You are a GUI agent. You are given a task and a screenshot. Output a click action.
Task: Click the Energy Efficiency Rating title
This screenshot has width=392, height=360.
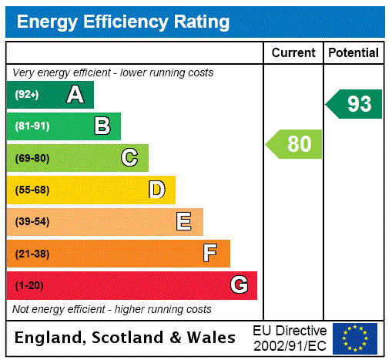point(123,22)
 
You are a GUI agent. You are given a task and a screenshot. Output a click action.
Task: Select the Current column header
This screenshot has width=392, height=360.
point(293,52)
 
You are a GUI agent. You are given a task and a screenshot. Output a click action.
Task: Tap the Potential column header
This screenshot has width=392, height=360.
point(353,52)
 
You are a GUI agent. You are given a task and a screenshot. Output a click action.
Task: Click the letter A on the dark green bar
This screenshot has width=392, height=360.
point(75,95)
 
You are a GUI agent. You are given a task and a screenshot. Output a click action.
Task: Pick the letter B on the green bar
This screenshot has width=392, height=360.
point(102,126)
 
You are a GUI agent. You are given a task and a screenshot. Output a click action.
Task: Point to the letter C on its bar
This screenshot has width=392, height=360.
point(129,158)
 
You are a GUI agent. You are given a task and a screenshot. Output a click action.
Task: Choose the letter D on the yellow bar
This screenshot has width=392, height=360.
point(156,190)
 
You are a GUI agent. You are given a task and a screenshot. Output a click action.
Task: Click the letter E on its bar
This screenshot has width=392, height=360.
point(184,222)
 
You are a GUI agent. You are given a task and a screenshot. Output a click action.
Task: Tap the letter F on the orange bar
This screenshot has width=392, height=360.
point(210,254)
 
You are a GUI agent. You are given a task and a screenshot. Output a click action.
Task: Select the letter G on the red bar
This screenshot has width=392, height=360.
point(239,285)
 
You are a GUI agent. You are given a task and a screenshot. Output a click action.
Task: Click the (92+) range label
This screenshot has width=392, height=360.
point(28,95)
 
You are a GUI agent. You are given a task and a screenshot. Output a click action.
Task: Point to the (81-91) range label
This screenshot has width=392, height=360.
point(32,126)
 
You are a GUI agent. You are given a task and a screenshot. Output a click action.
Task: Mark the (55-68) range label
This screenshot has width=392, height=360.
point(32,190)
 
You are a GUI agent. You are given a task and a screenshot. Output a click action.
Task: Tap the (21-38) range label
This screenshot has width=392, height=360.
point(32,254)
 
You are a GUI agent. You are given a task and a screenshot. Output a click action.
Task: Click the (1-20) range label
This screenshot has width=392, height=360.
point(29,285)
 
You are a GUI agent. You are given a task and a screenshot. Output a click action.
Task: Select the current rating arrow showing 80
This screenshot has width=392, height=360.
point(295,144)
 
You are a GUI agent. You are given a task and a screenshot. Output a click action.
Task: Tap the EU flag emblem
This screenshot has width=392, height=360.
point(355,338)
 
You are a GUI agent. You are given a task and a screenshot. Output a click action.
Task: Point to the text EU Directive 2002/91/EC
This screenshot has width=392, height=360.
point(290,338)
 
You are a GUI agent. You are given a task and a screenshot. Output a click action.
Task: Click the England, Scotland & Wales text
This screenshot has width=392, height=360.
point(126,338)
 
